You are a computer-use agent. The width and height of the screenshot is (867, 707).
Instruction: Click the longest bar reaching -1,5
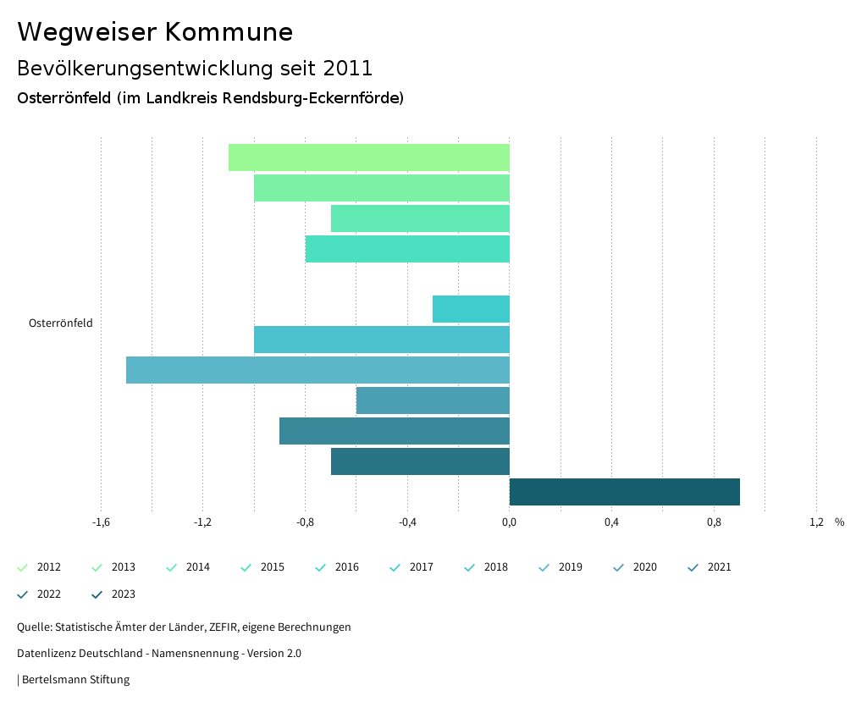click(x=318, y=370)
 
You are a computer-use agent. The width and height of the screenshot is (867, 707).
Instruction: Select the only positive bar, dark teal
click(x=624, y=492)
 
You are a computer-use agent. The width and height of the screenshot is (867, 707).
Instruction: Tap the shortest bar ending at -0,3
click(x=471, y=309)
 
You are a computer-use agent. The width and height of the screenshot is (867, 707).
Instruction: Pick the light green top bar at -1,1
click(x=368, y=157)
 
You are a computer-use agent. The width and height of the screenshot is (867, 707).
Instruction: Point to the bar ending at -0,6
click(x=433, y=400)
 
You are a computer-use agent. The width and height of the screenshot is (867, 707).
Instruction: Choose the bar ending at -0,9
click(x=394, y=431)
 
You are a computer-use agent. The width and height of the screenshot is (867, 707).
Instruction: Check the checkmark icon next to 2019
click(x=544, y=567)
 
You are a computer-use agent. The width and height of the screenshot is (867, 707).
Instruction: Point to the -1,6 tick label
click(x=101, y=522)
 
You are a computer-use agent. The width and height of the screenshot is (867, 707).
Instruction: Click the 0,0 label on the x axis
click(x=509, y=522)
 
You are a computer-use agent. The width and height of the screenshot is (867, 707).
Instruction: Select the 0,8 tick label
click(x=714, y=522)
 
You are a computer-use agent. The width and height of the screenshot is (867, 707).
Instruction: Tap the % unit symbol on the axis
click(x=839, y=522)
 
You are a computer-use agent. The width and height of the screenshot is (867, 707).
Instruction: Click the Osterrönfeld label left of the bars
click(x=60, y=323)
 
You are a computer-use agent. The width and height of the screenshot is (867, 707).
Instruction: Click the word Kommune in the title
click(x=229, y=32)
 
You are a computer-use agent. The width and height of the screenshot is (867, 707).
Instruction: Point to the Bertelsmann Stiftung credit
click(x=75, y=680)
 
